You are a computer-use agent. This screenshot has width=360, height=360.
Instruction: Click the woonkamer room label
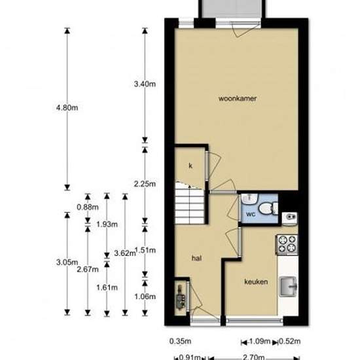coord(238,98)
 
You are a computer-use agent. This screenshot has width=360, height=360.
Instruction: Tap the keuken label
coord(256,281)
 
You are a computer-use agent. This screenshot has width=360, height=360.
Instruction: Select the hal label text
coord(196,259)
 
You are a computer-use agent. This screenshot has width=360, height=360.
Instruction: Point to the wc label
coord(251,214)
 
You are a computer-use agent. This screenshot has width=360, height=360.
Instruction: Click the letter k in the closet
coord(190,166)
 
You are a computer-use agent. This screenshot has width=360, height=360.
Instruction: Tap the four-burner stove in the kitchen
coord(287,245)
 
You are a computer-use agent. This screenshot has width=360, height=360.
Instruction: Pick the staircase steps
coord(190,203)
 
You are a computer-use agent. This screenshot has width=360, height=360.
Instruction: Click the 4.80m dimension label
coord(67,107)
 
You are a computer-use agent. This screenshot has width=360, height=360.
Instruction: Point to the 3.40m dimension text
coord(145,84)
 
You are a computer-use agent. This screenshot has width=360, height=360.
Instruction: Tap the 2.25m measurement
coord(145,184)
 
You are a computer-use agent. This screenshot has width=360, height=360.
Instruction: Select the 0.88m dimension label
coord(88,207)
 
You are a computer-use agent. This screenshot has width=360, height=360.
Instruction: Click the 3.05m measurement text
coord(67,262)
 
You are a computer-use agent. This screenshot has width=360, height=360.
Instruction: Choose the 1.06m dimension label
coord(145,297)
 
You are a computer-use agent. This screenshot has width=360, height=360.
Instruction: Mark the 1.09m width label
coord(259,342)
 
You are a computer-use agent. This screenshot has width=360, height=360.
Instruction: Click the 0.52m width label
coord(290,342)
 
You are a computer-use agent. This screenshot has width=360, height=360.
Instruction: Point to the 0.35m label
coord(180,342)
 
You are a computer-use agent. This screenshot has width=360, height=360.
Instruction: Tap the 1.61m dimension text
coord(107,287)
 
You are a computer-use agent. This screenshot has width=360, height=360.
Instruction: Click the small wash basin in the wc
coord(249,199)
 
